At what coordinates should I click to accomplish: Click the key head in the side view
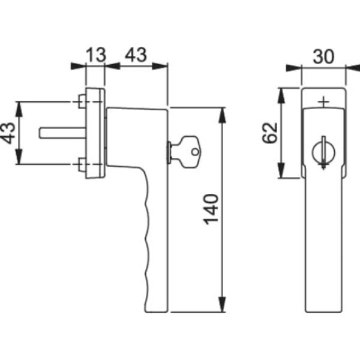click(191, 150)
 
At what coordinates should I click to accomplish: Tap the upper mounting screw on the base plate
click(81, 101)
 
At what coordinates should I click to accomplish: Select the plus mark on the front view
click(324, 103)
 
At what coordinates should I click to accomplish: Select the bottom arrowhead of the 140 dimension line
click(223, 308)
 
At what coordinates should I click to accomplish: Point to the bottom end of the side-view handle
click(155, 308)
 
